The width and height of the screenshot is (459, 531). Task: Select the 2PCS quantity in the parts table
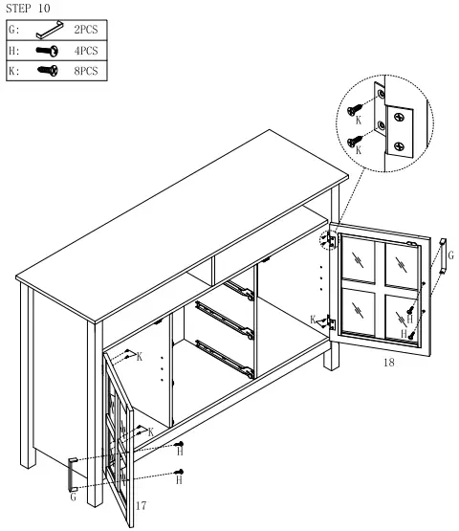click(x=87, y=31)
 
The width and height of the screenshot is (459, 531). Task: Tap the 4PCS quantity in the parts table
click(x=87, y=51)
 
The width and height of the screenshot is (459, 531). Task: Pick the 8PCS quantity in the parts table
click(x=87, y=71)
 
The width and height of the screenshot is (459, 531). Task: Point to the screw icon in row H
click(x=46, y=51)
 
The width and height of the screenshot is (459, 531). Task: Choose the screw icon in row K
click(x=46, y=71)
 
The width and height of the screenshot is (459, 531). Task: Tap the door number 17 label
click(x=141, y=504)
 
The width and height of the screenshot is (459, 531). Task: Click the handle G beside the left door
click(x=71, y=475)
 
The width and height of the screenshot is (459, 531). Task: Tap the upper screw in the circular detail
click(x=358, y=108)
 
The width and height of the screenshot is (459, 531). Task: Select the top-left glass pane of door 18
click(x=359, y=255)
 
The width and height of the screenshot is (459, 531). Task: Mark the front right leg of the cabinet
click(x=332, y=354)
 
